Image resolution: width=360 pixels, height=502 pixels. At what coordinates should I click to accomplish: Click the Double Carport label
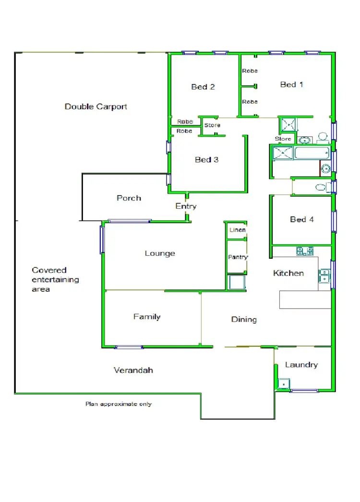click(96, 107)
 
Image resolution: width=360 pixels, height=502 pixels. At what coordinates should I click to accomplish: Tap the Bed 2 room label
click(203, 87)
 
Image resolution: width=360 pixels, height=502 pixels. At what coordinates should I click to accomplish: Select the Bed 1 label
click(292, 84)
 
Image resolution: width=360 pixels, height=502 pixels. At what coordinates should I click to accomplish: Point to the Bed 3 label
click(206, 160)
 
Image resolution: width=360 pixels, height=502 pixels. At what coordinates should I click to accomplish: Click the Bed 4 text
click(302, 219)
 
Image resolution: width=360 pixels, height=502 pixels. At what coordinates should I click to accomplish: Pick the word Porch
click(129, 198)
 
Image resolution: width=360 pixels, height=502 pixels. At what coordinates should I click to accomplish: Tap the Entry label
click(186, 206)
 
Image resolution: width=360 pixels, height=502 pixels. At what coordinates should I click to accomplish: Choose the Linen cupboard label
click(238, 230)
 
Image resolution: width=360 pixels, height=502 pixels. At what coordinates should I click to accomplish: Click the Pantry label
click(238, 257)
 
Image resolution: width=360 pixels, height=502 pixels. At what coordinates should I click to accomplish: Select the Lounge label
click(160, 253)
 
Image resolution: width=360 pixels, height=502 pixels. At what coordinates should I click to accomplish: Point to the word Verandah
click(133, 370)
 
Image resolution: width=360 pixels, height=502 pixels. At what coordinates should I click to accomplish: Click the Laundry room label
click(301, 365)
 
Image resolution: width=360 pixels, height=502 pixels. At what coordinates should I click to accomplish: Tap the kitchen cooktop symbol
click(305, 251)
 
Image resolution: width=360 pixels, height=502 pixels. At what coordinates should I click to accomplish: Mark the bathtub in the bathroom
click(312, 154)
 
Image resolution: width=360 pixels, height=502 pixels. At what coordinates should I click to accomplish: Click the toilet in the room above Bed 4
click(320, 187)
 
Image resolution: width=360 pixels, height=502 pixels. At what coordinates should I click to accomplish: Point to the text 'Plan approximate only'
click(119, 404)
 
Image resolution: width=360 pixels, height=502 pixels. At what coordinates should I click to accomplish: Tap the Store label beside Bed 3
click(212, 125)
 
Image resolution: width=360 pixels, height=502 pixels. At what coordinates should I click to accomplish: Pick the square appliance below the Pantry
click(237, 282)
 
